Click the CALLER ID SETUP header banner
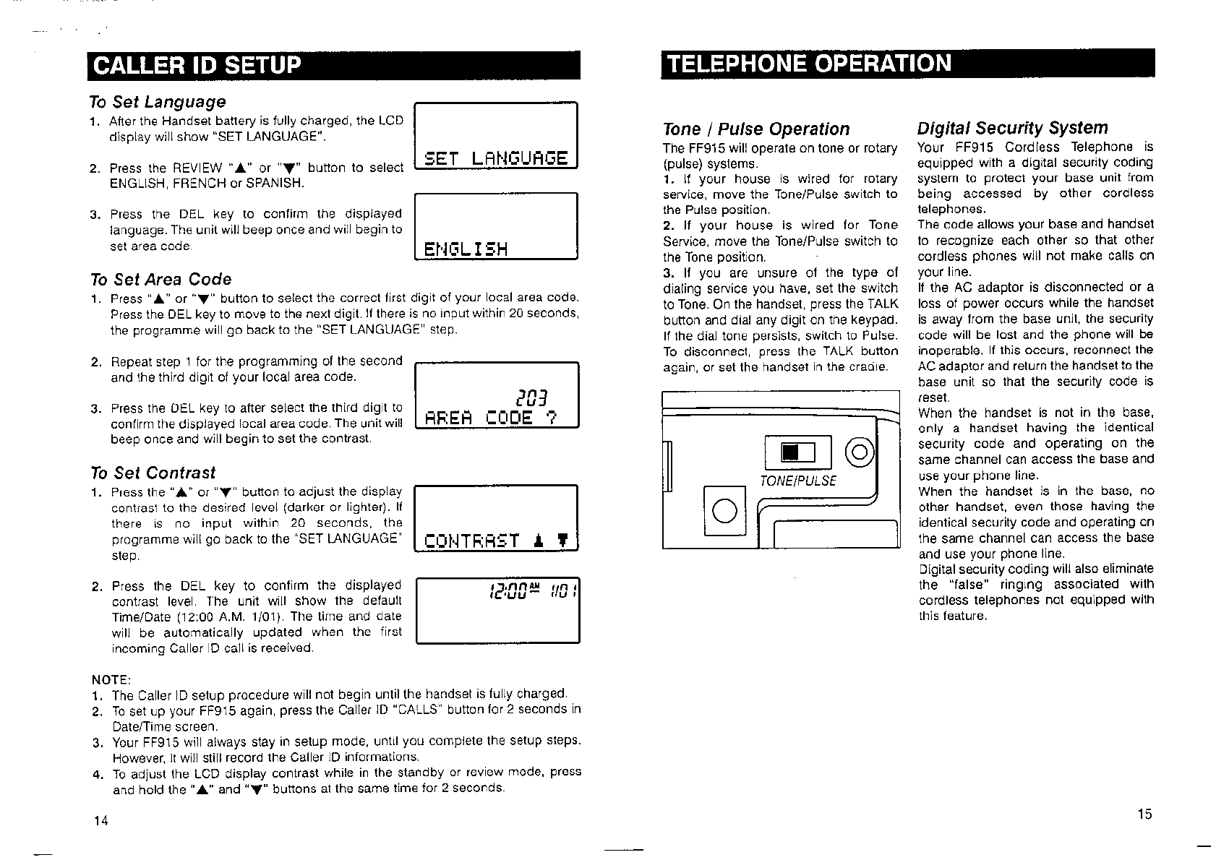click(334, 65)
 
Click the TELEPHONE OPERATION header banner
click(907, 64)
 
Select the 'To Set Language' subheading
click(158, 102)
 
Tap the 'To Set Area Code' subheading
click(161, 280)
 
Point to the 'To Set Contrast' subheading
click(153, 473)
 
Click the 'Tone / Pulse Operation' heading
click(756, 129)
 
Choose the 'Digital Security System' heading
click(1012, 129)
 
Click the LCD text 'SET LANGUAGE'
click(497, 158)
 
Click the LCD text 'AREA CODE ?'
click(491, 418)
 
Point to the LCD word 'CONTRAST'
click(472, 541)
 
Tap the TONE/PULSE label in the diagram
click(797, 481)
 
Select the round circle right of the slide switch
click(860, 453)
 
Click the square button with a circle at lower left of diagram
click(724, 511)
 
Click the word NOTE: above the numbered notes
click(111, 680)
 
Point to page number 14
click(100, 820)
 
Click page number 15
click(1144, 814)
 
